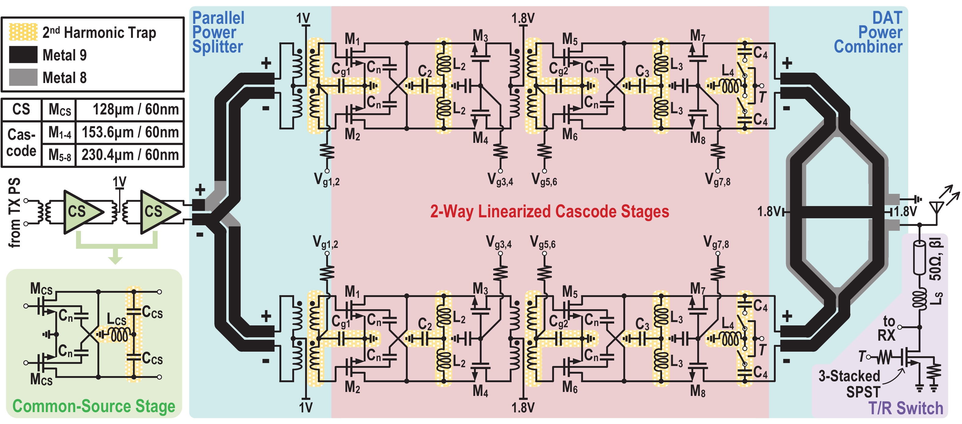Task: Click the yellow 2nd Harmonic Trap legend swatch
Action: [23, 32]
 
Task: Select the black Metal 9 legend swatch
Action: [23, 55]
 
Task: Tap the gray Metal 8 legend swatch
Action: [23, 77]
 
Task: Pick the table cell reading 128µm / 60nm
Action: [130, 110]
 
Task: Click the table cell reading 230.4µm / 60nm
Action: [130, 154]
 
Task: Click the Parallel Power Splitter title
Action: [218, 32]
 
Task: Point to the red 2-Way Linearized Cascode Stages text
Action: [549, 211]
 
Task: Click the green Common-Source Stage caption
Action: [94, 406]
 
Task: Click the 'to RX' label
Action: [888, 328]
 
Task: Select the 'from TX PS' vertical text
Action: [14, 213]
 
